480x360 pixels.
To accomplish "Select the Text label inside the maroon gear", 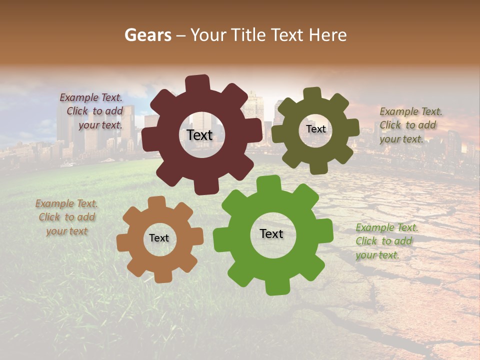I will [x=199, y=135].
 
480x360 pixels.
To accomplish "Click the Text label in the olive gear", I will [x=315, y=129].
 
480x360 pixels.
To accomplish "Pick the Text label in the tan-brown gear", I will [x=159, y=238].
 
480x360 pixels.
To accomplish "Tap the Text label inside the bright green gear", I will [x=271, y=233].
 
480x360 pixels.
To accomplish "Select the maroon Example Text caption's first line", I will [x=91, y=97].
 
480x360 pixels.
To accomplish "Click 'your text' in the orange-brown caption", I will [x=67, y=231].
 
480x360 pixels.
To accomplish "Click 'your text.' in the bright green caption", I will [x=377, y=255].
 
